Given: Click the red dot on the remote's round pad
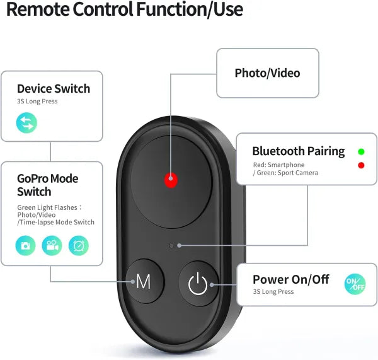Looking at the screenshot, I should (169, 180).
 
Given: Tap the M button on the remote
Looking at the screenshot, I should (144, 282).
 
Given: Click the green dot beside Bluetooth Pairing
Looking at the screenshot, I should (361, 152).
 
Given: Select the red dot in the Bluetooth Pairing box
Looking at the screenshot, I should (361, 165).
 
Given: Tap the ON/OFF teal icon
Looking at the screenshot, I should (355, 285).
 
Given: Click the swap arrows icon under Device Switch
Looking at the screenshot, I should (26, 123).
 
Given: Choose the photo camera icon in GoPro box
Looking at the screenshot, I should (26, 245).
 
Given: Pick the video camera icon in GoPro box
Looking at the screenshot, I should (52, 245).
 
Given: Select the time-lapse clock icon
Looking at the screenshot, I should (79, 245).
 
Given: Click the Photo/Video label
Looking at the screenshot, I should (267, 73).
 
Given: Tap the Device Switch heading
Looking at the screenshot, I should (54, 89).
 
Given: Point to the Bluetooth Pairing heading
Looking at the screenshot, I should (299, 151).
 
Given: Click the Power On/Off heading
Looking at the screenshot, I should (290, 279).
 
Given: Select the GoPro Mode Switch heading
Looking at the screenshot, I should (47, 185).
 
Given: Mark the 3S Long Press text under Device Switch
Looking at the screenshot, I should (37, 102).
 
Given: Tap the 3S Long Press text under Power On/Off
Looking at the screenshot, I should (273, 292).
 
